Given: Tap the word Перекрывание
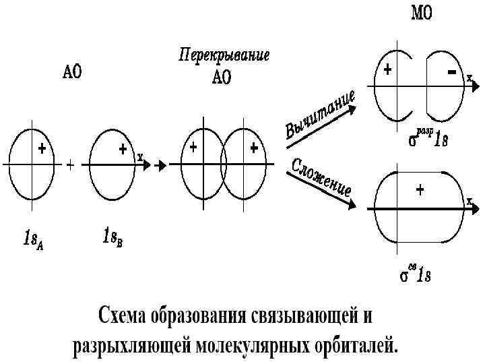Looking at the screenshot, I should click(x=224, y=55).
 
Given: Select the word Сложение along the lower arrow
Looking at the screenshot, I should click(x=321, y=177).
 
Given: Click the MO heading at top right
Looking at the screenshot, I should click(x=422, y=13).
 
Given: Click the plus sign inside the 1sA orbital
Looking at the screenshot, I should click(x=42, y=148).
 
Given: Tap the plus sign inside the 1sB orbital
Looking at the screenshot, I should click(x=123, y=148).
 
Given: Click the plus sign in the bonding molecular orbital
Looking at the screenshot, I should click(x=420, y=191).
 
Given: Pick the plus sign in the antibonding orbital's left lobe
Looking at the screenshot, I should click(x=388, y=69).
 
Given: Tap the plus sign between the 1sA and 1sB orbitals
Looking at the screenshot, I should click(x=70, y=164).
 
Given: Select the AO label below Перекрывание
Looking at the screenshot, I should click(x=222, y=78).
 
